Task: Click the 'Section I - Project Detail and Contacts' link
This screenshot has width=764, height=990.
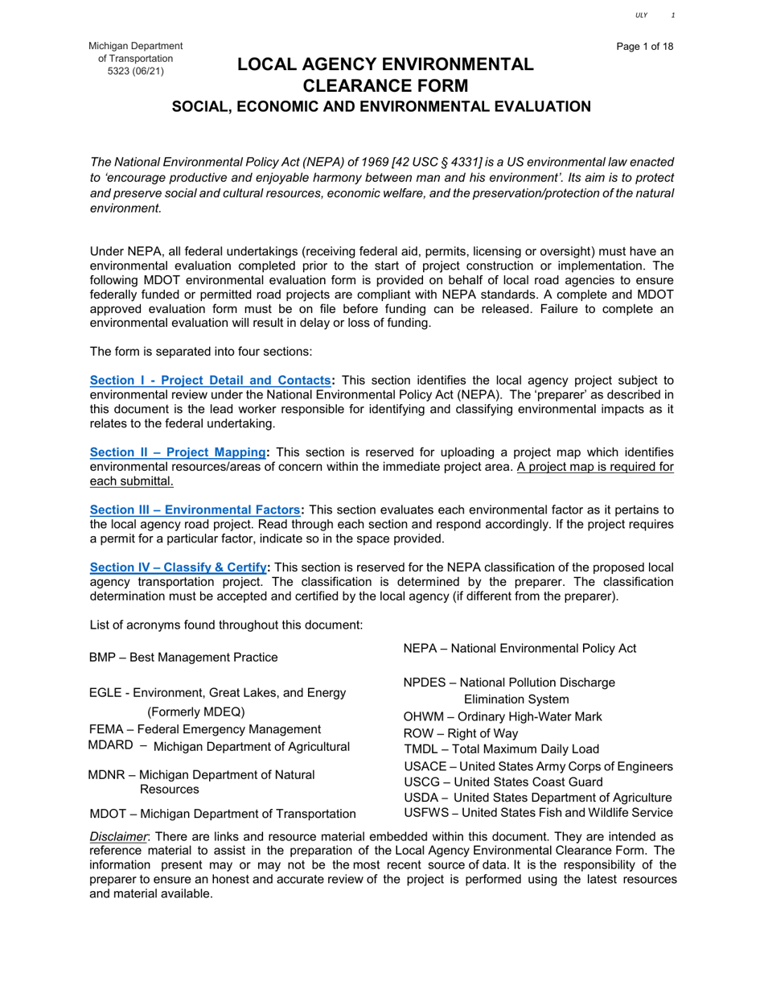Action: point(210,380)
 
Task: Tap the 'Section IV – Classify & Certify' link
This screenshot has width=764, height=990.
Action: point(178,567)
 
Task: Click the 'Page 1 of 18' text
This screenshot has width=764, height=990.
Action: point(645,46)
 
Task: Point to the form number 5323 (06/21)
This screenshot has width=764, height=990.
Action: point(135,72)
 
